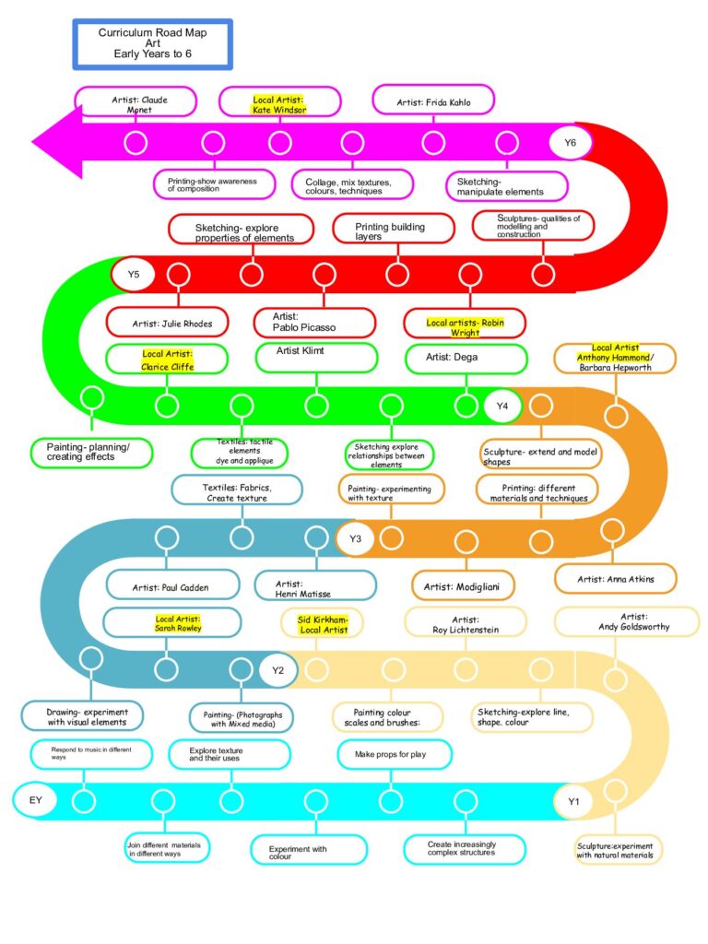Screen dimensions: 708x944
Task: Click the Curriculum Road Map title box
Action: point(152,44)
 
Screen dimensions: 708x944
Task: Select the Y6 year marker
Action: point(570,143)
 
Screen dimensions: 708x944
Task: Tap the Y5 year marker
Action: point(133,275)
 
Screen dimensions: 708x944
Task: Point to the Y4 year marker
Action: point(502,406)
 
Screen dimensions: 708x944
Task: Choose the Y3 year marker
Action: point(355,538)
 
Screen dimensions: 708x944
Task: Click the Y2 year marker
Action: point(277,670)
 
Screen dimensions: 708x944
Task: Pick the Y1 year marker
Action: point(573,801)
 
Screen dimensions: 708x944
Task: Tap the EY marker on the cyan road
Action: point(36,800)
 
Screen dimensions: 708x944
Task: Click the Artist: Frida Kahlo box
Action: point(433,100)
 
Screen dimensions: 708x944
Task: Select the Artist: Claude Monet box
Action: point(136,101)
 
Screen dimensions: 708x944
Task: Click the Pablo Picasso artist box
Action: point(315,322)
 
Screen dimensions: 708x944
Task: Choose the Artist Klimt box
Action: point(317,358)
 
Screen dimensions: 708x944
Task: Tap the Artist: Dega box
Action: point(466,359)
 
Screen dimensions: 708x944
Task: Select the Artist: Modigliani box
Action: point(463,585)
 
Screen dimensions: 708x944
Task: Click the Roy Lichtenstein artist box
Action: point(466,622)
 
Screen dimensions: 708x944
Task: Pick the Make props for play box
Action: point(395,754)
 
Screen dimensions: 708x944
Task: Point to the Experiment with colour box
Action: point(309,849)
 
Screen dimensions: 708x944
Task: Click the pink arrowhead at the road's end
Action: point(57,142)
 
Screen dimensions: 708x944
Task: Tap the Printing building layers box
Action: point(394,229)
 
